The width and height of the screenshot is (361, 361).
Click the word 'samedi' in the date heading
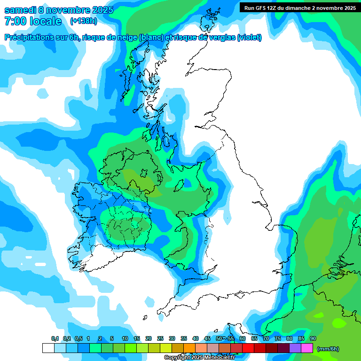(x=21, y=9)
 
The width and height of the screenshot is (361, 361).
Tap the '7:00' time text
(x=16, y=21)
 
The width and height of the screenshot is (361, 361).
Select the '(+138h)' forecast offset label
(x=83, y=21)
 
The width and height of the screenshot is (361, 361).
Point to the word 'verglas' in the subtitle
(x=220, y=38)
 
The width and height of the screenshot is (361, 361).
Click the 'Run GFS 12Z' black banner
(x=299, y=8)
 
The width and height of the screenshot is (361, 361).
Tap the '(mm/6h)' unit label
(x=328, y=349)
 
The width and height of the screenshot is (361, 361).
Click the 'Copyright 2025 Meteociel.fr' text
(x=199, y=358)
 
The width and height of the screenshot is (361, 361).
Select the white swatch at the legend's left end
(x=48, y=348)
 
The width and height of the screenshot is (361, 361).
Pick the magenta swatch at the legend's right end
(x=307, y=348)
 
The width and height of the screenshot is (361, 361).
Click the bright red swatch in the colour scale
(x=248, y=348)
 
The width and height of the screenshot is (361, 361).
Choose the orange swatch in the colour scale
(x=189, y=348)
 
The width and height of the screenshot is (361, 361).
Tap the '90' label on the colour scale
(x=313, y=339)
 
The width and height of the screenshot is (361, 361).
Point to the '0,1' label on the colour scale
(x=55, y=339)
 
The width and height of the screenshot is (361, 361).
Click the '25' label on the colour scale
(x=160, y=339)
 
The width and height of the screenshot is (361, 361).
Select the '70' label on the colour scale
(x=266, y=339)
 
